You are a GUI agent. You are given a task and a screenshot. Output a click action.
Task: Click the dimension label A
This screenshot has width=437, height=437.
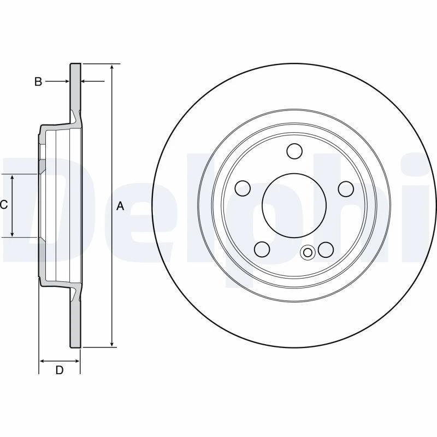[120, 206]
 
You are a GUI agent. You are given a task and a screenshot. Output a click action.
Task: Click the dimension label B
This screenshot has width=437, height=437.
[38, 81]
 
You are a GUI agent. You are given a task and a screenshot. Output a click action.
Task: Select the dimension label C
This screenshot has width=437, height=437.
[4, 205]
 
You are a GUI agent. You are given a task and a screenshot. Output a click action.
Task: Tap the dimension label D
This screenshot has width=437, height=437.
[60, 370]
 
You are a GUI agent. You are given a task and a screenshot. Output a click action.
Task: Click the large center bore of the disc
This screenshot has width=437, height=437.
[294, 206]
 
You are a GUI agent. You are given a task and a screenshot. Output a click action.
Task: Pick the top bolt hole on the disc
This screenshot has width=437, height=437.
[294, 151]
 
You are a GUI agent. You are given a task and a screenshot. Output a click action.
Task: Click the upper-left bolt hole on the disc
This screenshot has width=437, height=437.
[243, 188]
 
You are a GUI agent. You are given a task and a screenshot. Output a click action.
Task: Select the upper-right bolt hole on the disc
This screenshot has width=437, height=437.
[346, 188]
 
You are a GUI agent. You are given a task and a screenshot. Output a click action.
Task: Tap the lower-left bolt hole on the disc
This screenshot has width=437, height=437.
[262, 249]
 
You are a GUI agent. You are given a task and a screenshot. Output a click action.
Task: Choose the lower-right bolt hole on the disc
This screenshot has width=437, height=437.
[326, 250]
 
